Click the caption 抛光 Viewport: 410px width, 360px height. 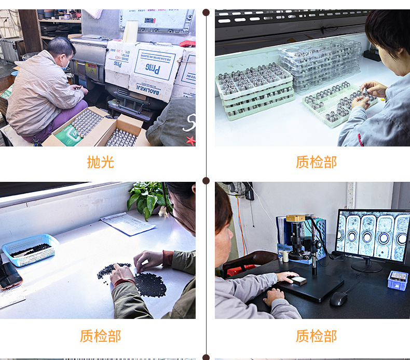click(x=100, y=162)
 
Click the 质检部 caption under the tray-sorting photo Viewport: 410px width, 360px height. click(x=316, y=162)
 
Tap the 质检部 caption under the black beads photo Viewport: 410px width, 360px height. click(x=100, y=336)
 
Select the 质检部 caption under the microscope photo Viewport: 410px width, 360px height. click(x=316, y=336)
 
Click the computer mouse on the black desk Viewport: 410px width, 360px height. click(x=338, y=299)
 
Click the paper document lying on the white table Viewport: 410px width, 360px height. click(x=128, y=223)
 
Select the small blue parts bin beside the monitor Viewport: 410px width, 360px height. click(x=398, y=280)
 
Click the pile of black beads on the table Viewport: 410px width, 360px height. click(x=149, y=284)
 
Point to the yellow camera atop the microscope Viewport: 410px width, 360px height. click(x=296, y=218)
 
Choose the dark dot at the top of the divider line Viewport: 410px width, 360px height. click(x=206, y=12)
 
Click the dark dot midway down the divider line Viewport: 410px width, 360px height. click(x=206, y=181)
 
